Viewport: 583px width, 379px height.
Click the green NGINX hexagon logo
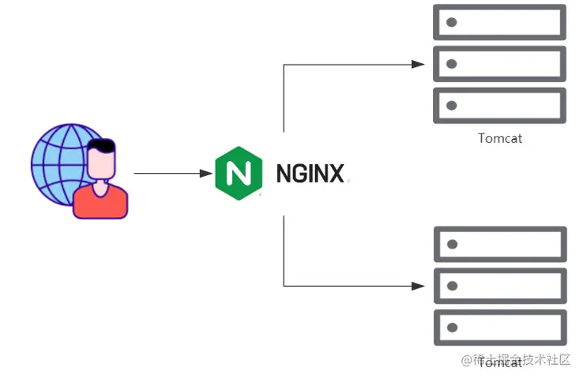pyautogui.click(x=238, y=173)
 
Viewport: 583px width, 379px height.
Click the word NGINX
pyautogui.click(x=310, y=173)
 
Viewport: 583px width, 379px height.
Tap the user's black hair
pyautogui.click(x=102, y=147)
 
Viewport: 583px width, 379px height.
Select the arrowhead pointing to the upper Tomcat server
pyautogui.click(x=419, y=65)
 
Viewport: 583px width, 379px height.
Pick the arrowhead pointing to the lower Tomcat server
pyautogui.click(x=419, y=285)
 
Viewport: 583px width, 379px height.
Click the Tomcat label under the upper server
pyautogui.click(x=500, y=138)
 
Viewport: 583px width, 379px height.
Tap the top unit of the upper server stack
pyautogui.click(x=500, y=22)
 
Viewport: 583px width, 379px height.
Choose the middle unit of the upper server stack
pyautogui.click(x=500, y=64)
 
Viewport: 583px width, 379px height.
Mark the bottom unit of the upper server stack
pyautogui.click(x=500, y=105)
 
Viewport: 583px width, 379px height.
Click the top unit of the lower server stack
pyautogui.click(x=500, y=244)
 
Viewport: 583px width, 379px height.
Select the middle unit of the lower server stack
pyautogui.click(x=500, y=285)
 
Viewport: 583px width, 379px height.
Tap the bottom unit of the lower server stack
pyautogui.click(x=500, y=327)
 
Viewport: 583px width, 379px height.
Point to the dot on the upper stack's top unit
pyautogui.click(x=452, y=22)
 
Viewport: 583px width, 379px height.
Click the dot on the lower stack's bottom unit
pyautogui.click(x=452, y=327)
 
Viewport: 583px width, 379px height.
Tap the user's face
pyautogui.click(x=100, y=165)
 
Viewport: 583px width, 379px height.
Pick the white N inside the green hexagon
pyautogui.click(x=238, y=173)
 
